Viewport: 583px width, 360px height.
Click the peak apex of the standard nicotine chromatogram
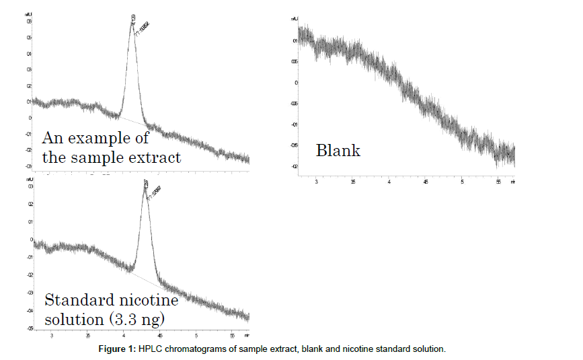(145, 188)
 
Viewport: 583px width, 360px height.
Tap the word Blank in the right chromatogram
(338, 151)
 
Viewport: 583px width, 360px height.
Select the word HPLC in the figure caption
(188, 349)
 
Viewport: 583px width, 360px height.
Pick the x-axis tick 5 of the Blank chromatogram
(462, 182)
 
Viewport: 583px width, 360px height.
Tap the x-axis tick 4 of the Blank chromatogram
(389, 182)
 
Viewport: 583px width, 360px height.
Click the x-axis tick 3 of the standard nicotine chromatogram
(51, 334)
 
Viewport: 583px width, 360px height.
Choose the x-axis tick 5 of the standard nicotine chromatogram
(196, 334)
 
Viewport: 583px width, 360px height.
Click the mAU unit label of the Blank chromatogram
(294, 20)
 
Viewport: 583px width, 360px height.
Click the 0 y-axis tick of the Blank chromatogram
(295, 83)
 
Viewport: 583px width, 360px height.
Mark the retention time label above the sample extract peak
(133, 16)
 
